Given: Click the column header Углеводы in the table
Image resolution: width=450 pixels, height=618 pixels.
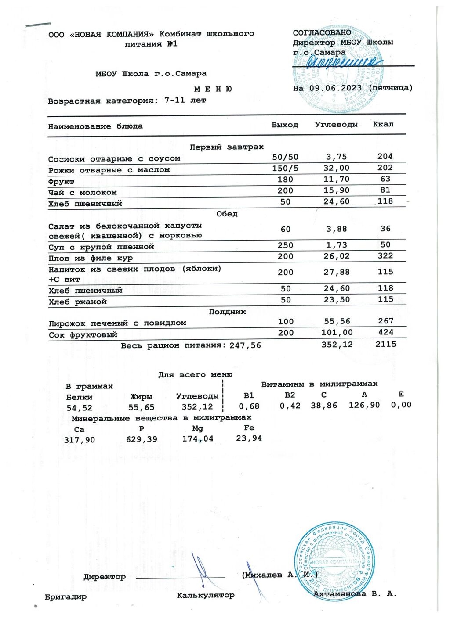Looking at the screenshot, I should pos(336,125).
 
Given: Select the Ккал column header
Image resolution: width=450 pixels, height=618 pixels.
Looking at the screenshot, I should pos(383,124).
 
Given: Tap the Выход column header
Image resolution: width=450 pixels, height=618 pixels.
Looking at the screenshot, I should pos(285,125).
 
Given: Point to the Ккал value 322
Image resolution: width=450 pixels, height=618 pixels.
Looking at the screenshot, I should pos(385,256).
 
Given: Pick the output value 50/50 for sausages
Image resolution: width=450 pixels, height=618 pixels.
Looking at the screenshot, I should pos(285,157).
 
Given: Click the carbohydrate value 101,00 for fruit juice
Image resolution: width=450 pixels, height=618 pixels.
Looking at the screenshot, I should pos(337,333).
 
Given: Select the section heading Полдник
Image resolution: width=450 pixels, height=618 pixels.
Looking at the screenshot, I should pos(227,312).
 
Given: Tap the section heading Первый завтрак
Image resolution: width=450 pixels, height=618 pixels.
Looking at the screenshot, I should pos(227,147).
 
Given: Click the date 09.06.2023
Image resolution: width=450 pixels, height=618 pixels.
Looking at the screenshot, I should pos(335,88).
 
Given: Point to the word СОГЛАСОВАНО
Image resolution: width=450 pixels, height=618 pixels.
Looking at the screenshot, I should pos(322,32).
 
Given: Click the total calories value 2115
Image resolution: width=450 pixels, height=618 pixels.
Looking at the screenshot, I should pos(386,344).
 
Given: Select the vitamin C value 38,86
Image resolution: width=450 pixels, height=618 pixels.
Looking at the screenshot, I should pos(324,406).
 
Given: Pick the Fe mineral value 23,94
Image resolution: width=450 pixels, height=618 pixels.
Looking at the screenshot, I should pos(249,438).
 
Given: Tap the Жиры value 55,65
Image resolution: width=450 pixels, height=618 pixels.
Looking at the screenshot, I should pos(142,408).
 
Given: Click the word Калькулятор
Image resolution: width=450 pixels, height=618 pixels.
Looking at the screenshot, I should pos(206,596).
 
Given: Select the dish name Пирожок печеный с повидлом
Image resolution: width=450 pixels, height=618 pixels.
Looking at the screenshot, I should pos(117,323).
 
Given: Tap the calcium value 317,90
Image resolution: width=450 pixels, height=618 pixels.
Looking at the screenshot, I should pos(80,439).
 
